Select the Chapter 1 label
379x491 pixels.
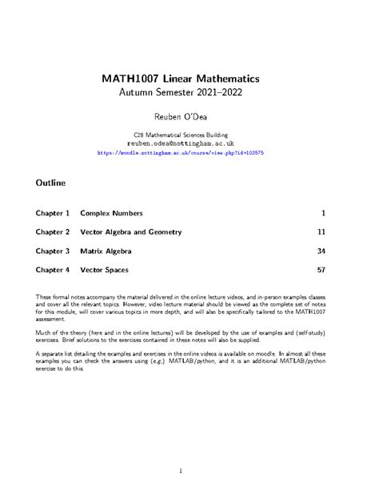tap(53, 213)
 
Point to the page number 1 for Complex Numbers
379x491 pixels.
tap(322, 213)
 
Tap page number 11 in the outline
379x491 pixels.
tap(321, 232)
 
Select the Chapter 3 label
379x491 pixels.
tap(53, 252)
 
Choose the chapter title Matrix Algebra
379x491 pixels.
tap(106, 252)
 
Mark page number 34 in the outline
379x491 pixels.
tap(321, 252)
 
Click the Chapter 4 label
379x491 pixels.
tap(53, 271)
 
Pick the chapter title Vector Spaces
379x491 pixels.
tap(104, 271)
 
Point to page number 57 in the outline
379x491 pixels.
tap(321, 271)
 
